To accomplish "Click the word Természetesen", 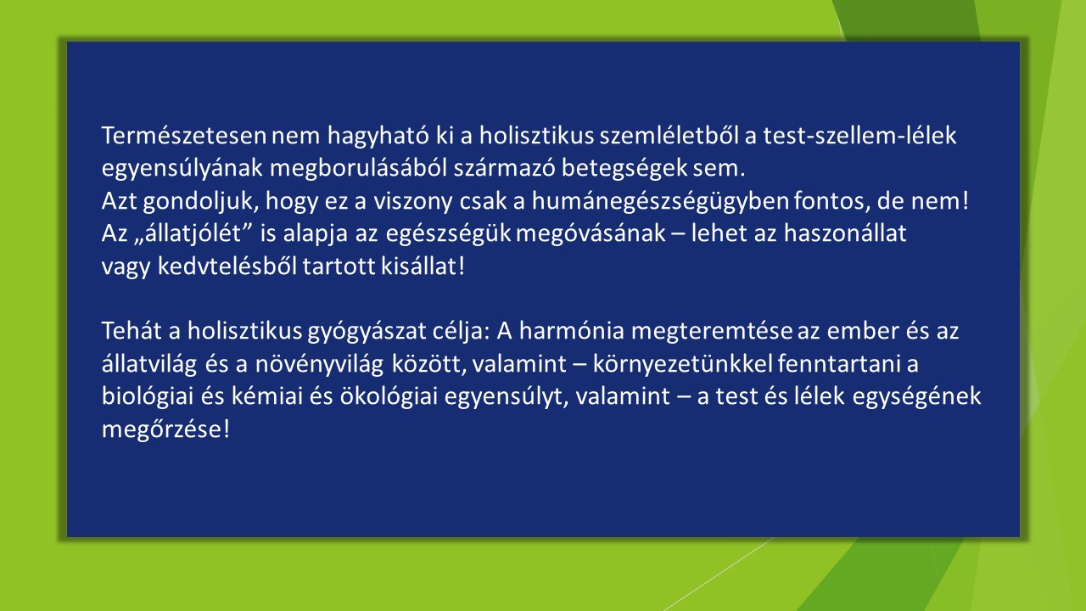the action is click(184, 136).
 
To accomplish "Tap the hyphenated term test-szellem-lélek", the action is click(859, 136).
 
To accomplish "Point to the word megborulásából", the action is click(358, 169).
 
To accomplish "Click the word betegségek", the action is click(624, 169).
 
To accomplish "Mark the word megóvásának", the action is click(591, 233).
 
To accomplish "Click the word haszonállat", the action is click(845, 233).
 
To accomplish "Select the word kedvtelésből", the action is click(227, 266).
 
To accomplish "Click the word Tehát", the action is click(132, 331).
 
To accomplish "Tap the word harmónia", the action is click(572, 331).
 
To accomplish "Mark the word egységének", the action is click(916, 396).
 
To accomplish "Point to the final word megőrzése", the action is click(162, 429).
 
